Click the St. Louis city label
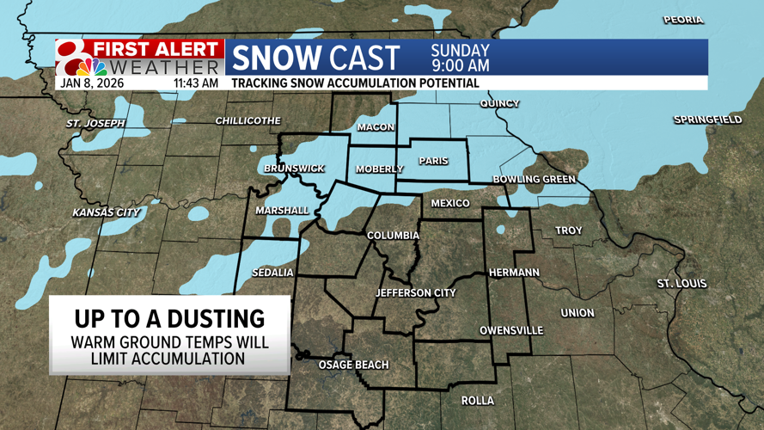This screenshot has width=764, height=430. click(681, 283)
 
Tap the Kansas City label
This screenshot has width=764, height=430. click(106, 212)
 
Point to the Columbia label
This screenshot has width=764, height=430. click(393, 235)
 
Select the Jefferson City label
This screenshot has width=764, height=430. click(415, 292)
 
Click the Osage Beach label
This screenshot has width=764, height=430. click(353, 365)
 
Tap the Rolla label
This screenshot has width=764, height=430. click(477, 401)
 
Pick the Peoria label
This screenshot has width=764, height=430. click(682, 19)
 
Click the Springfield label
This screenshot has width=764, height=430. click(707, 120)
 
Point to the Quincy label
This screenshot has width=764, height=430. click(499, 103)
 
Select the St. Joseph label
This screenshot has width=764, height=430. click(95, 123)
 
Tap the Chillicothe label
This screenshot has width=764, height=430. click(248, 120)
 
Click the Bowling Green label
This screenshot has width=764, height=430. click(534, 179)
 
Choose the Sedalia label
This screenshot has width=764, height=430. click(272, 273)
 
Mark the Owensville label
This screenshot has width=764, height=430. click(510, 330)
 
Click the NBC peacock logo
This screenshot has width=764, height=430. click(90, 66)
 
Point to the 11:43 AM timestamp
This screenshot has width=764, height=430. click(195, 83)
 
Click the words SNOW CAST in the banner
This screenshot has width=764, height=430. click(315, 58)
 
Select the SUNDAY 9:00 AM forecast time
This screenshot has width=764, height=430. click(460, 58)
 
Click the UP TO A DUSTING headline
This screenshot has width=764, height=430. click(169, 318)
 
